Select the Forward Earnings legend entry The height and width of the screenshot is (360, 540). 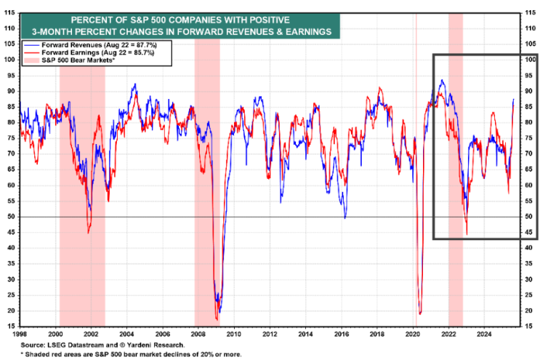(x=89, y=52)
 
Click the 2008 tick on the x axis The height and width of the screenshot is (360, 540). (x=198, y=334)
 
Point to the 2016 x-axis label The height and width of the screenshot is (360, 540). (x=342, y=334)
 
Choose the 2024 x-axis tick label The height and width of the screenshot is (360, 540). (x=484, y=334)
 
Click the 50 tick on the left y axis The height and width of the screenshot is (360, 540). (x=12, y=217)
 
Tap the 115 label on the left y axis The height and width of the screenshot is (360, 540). (x=9, y=13)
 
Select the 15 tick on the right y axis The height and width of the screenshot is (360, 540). (x=529, y=327)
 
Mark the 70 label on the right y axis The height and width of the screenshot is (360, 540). (x=529, y=153)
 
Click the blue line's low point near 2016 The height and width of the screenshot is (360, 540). (x=345, y=218)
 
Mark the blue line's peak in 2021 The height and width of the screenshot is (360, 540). (x=442, y=80)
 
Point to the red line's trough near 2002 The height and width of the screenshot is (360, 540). (x=89, y=233)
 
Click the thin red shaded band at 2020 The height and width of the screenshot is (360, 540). (x=416, y=169)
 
